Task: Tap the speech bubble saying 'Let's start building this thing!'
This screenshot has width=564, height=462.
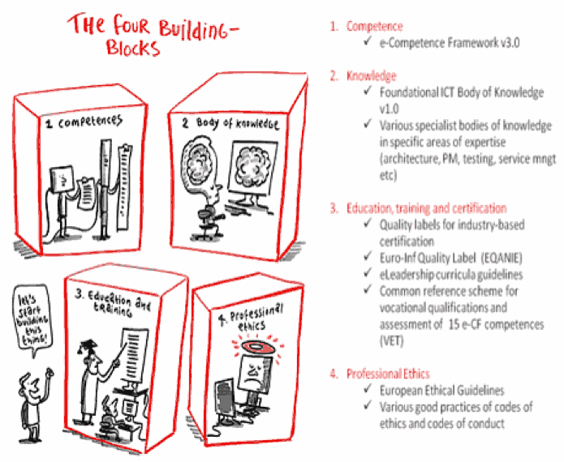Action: tap(32, 317)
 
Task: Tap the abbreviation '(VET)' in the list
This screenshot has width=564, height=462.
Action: tap(392, 340)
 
